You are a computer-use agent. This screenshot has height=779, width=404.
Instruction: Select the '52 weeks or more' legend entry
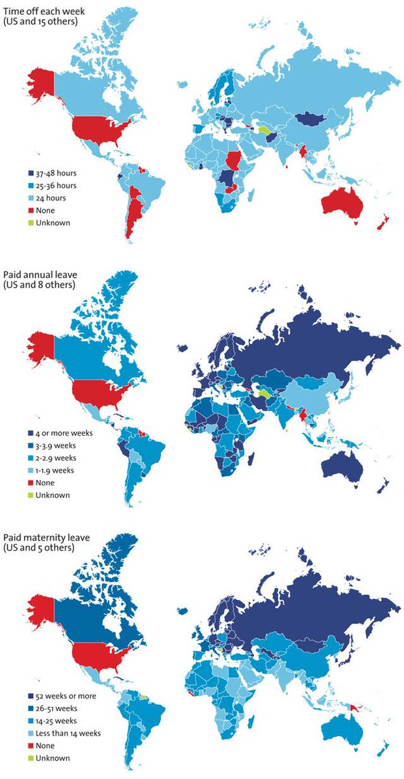coord(58,696)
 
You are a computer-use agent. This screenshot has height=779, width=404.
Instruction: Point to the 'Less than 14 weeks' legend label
coord(64,733)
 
